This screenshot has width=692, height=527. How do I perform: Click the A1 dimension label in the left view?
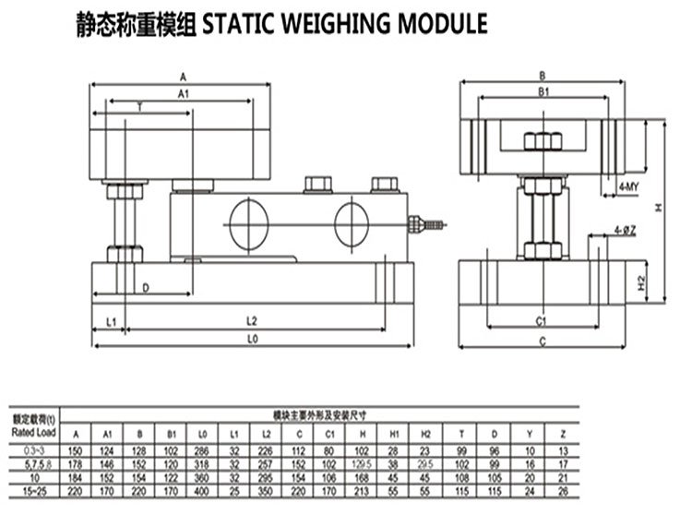(183, 93)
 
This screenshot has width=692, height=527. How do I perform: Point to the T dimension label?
(140, 108)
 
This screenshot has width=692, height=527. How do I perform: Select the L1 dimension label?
(110, 322)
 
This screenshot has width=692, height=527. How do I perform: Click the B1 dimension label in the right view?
(543, 93)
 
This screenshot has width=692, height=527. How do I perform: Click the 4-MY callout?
(629, 187)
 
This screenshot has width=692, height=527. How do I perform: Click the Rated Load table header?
(34, 431)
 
